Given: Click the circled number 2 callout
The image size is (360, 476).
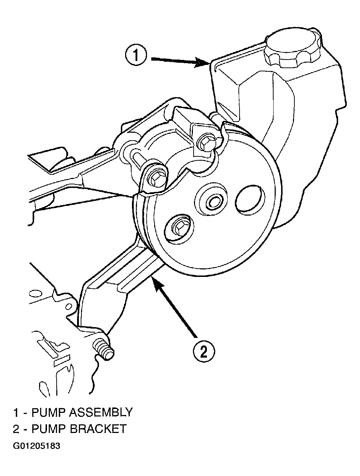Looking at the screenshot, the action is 204,352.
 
